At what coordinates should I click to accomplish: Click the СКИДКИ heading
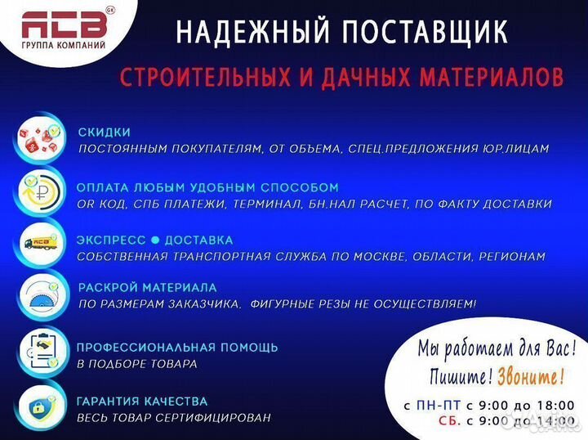[104, 132]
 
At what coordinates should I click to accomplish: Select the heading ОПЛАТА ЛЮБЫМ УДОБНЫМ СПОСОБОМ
[207, 187]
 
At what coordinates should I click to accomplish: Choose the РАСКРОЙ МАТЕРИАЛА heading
[147, 288]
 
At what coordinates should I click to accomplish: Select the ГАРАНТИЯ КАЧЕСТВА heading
[141, 402]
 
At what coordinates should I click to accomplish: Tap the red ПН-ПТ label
[438, 406]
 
